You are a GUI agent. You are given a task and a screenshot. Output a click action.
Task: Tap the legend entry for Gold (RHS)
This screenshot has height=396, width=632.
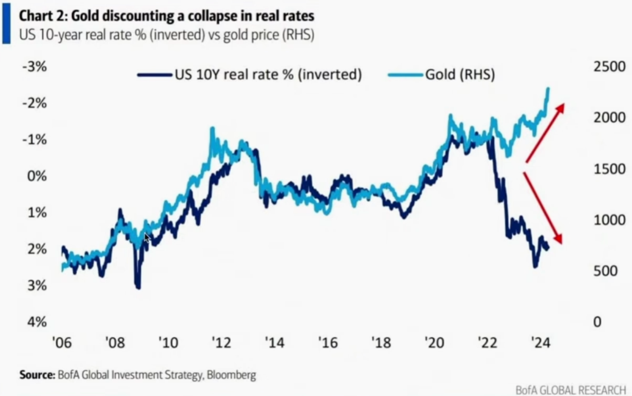click(442, 75)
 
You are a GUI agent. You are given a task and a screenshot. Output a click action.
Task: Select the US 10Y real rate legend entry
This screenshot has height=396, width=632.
click(250, 75)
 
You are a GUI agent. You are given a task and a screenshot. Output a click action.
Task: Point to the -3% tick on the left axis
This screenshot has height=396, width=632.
click(35, 67)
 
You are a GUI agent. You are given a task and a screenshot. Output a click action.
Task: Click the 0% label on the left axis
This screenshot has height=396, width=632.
click(37, 176)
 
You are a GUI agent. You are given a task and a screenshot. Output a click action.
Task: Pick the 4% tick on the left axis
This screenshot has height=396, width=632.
click(37, 322)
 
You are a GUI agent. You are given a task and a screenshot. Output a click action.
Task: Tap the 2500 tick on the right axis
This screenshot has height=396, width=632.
click(609, 67)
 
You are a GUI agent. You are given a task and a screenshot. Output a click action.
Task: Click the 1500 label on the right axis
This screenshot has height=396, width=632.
click(609, 169)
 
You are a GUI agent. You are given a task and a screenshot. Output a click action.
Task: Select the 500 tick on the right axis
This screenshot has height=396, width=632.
click(605, 271)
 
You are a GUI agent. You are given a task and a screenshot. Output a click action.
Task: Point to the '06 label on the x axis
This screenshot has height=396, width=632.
click(62, 343)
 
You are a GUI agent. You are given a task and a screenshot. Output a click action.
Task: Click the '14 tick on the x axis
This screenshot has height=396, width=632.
click(275, 343)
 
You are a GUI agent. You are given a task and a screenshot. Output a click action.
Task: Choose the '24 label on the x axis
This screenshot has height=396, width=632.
click(541, 343)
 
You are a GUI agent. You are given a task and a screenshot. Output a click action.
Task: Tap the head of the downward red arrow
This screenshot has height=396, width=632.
click(558, 239)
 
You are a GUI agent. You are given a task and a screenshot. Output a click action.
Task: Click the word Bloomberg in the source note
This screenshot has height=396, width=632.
click(231, 375)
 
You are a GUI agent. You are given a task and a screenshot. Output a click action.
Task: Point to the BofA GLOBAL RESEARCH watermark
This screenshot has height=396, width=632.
click(571, 390)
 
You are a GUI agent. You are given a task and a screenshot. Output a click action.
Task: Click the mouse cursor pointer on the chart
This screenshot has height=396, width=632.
click(147, 238)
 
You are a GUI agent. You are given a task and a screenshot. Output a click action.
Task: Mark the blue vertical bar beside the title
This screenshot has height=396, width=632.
click(7, 24)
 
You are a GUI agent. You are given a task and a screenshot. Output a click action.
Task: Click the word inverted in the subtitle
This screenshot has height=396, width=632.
click(177, 35)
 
